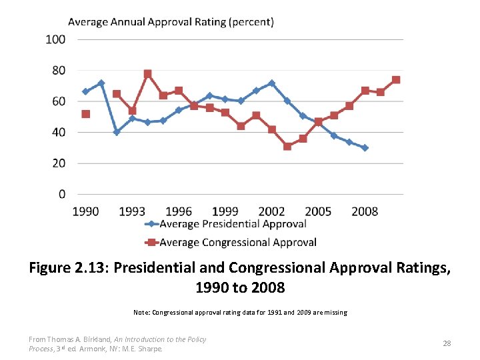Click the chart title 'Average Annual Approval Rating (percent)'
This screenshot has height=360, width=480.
[171, 21]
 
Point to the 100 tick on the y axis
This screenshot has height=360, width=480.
[56, 39]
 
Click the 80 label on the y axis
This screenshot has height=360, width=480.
[59, 71]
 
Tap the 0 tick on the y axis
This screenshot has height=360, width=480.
[62, 195]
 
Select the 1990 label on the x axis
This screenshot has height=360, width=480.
[85, 211]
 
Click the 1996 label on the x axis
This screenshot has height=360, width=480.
[178, 211]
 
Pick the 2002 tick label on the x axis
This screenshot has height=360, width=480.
[271, 211]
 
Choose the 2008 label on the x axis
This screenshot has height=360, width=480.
[365, 211]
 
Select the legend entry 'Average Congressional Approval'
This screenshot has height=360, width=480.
[237, 242]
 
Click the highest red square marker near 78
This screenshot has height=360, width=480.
[147, 74]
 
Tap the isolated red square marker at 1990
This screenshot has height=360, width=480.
[85, 114]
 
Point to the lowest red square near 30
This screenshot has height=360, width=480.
[287, 147]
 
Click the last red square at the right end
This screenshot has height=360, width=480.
[396, 80]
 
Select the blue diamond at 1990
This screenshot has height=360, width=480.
[85, 91]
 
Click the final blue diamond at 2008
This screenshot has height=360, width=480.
[365, 148]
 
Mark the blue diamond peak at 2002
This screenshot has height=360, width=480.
[271, 83]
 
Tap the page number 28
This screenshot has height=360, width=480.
[447, 343]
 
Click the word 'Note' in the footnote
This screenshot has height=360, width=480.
[141, 312]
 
